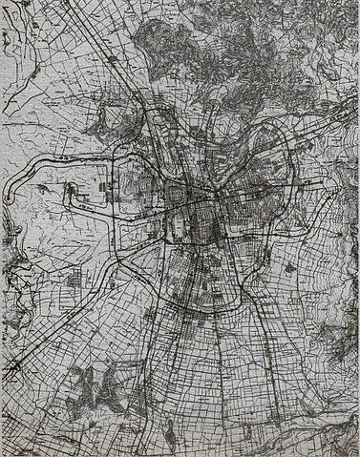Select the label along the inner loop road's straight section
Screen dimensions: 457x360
[x=88, y=206]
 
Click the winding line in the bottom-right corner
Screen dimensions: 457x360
[x=325, y=429]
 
